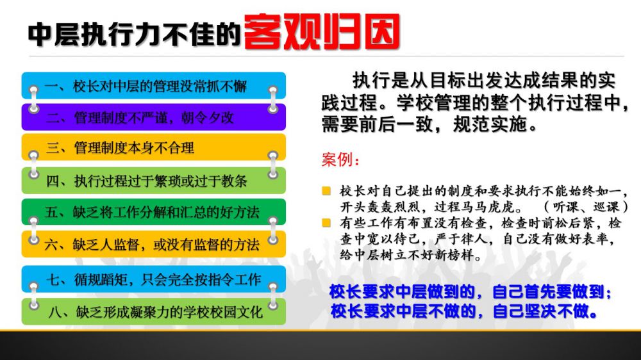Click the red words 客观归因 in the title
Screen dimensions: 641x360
point(322,32)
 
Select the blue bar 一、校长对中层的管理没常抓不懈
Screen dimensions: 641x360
point(154,85)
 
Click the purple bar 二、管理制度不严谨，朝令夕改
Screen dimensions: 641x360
point(154,117)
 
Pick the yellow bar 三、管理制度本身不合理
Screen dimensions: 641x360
point(154,147)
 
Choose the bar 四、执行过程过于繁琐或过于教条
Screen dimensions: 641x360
point(154,180)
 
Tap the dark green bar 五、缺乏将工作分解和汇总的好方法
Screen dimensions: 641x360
point(154,211)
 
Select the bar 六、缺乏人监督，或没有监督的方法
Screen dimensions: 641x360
point(154,244)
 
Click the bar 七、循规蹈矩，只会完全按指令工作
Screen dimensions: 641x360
point(154,279)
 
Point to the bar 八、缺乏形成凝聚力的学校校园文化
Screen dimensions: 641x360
point(154,311)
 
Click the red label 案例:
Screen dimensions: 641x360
point(340,160)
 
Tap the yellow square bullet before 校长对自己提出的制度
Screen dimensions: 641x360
point(326,191)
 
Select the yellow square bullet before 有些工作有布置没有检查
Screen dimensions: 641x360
point(326,223)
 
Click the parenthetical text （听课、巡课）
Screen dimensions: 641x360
point(585,207)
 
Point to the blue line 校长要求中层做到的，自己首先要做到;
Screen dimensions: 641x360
point(470,291)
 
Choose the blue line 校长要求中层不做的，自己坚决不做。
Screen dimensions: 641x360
point(464,311)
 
